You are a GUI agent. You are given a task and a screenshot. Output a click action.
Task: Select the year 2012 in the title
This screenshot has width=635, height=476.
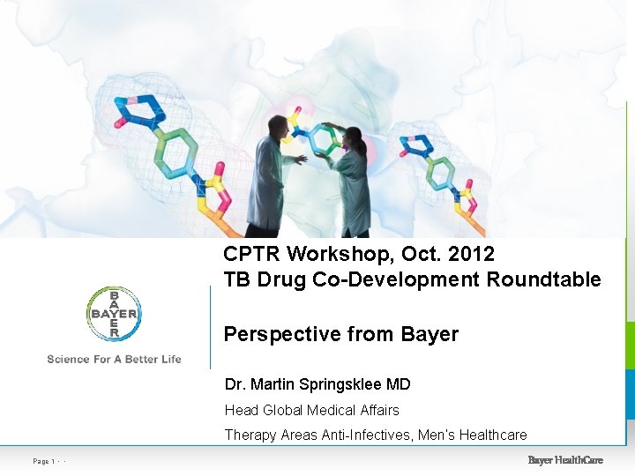(x=471, y=254)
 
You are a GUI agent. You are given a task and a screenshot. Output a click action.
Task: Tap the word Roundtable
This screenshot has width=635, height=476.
(x=547, y=280)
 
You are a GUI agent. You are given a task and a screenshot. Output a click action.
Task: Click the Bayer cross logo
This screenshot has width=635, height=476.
(x=114, y=314)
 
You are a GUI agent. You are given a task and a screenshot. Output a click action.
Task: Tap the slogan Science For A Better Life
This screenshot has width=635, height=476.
(x=114, y=359)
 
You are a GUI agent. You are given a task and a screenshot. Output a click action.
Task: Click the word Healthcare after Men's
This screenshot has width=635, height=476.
(x=492, y=435)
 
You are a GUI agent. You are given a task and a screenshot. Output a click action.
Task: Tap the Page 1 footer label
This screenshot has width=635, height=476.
(x=45, y=461)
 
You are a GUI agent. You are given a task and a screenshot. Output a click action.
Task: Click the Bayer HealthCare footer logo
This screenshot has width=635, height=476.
(x=565, y=460)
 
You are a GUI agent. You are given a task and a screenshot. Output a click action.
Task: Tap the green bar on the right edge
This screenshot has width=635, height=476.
(x=630, y=344)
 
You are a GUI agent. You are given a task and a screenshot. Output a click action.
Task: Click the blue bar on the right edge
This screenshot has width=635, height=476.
(x=630, y=394)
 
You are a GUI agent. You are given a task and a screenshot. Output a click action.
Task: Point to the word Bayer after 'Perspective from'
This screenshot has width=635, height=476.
(x=430, y=334)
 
